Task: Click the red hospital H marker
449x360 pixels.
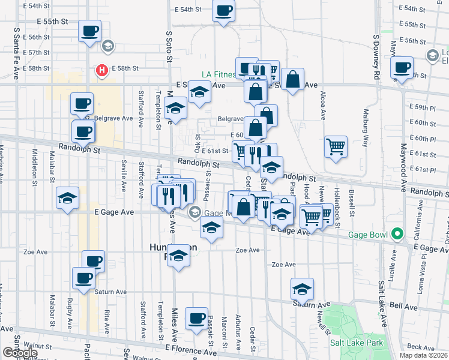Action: [103, 70]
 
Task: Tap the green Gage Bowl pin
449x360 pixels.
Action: [396, 233]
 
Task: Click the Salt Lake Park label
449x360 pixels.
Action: [357, 343]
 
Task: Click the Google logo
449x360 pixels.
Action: [20, 353]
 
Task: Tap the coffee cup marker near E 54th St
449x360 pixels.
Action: [223, 11]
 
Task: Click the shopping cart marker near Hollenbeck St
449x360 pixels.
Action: [336, 146]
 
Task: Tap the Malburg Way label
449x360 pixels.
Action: [364, 127]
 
